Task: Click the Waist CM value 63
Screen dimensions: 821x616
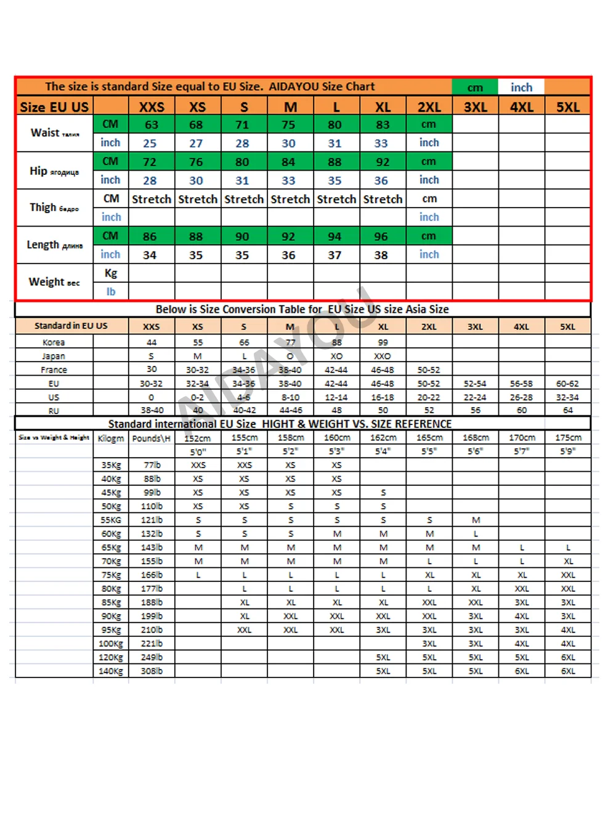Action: point(152,124)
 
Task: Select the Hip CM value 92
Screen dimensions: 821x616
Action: point(383,162)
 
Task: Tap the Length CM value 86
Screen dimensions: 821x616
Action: point(150,237)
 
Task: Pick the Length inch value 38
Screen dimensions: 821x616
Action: point(381,255)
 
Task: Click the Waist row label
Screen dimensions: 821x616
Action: point(54,133)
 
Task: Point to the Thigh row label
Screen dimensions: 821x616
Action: point(54,208)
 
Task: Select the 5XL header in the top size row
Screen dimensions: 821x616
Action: point(567,107)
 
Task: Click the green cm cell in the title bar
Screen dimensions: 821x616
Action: point(475,87)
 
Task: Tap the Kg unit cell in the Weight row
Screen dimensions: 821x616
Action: point(111,273)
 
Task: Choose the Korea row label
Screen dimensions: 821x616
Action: point(54,342)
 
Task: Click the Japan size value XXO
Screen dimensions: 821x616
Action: point(382,356)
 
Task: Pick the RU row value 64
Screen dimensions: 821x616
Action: point(567,410)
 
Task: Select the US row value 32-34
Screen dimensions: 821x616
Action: point(567,397)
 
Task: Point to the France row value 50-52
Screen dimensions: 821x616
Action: point(429,370)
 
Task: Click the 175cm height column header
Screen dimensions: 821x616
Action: point(567,438)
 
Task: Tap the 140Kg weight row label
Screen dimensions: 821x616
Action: point(111,671)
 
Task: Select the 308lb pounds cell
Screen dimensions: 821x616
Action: point(152,671)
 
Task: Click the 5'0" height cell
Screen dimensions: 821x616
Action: point(198,451)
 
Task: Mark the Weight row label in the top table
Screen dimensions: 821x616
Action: point(54,282)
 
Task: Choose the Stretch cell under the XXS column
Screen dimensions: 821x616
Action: point(152,200)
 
